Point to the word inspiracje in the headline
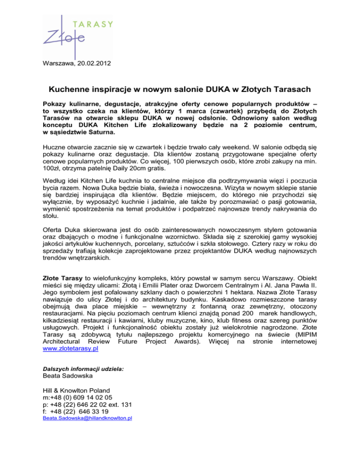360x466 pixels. [x=123, y=89]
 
